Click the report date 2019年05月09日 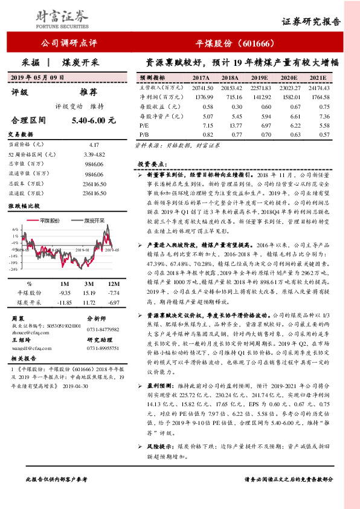[x=37, y=78]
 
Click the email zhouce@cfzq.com [x=28, y=332]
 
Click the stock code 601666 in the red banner [x=252, y=44]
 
